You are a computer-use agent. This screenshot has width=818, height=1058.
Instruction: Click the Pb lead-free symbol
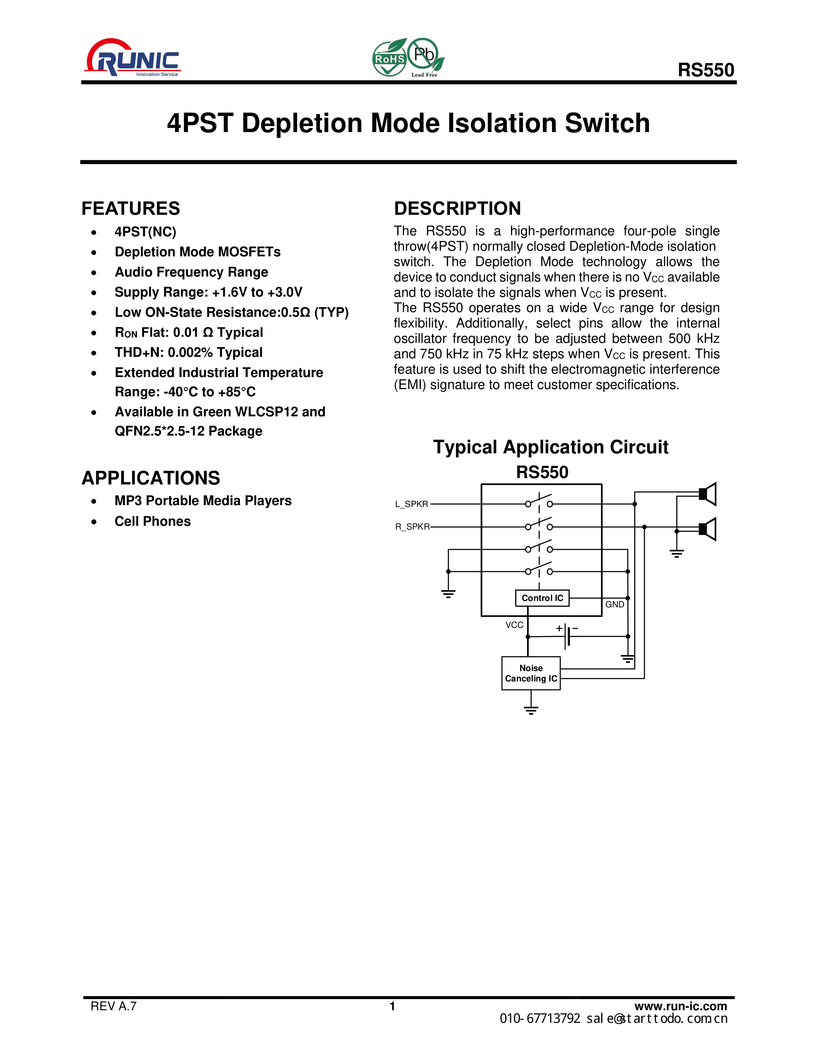(x=424, y=55)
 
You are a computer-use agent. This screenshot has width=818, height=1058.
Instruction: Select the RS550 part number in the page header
(x=706, y=70)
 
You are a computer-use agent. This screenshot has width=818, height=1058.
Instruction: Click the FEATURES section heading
(x=131, y=209)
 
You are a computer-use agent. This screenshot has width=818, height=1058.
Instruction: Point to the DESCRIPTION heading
(x=457, y=209)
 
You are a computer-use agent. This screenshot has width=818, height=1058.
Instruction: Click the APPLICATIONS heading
(x=151, y=478)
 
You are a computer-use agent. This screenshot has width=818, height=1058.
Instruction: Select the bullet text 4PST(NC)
(x=145, y=232)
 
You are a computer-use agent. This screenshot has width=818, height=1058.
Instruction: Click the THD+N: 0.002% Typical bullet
(x=189, y=353)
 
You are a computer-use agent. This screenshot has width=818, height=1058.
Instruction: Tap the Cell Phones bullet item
(x=153, y=521)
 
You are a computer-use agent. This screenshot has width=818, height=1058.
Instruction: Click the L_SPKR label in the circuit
(x=412, y=504)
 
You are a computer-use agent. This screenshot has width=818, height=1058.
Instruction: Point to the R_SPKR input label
(x=413, y=526)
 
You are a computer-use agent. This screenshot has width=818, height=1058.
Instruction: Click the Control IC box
(x=542, y=598)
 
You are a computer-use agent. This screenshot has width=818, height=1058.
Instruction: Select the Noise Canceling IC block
(x=531, y=673)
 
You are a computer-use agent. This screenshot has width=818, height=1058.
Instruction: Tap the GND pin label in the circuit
(x=615, y=605)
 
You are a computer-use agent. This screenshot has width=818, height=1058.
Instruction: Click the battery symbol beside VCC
(x=567, y=635)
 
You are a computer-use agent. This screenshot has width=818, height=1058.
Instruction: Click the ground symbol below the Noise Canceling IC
(x=531, y=710)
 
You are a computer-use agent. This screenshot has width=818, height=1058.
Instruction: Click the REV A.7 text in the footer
(x=113, y=1006)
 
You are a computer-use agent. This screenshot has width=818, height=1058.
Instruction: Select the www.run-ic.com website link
(x=680, y=1006)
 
